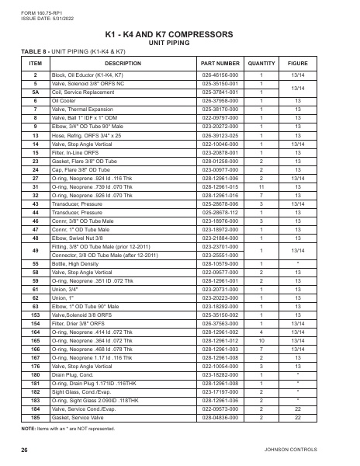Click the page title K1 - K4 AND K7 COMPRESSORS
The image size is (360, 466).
click(179, 35)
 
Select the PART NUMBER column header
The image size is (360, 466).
click(220, 62)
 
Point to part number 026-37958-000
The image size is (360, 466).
click(220, 101)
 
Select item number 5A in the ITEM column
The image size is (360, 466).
click(35, 92)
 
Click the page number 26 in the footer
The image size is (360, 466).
click(25, 450)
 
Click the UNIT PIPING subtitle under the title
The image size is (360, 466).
click(179, 43)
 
